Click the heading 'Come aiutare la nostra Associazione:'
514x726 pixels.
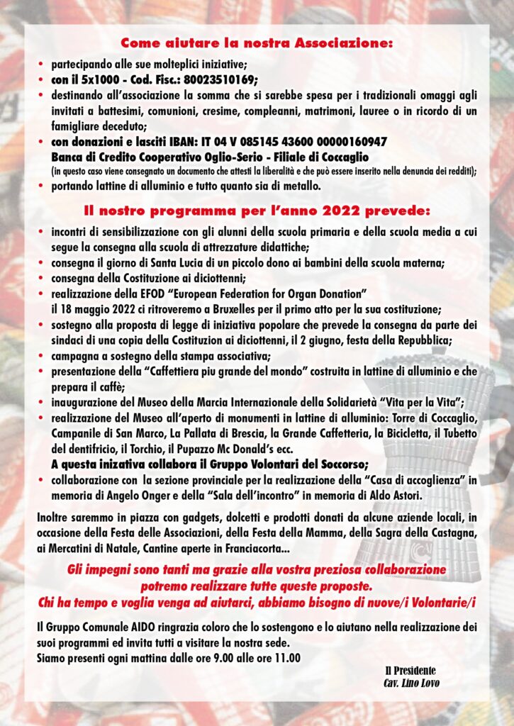[257, 43]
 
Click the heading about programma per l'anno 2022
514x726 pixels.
[257, 211]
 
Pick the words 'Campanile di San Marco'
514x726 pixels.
[101, 432]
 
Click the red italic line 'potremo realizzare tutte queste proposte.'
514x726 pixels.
[257, 586]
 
